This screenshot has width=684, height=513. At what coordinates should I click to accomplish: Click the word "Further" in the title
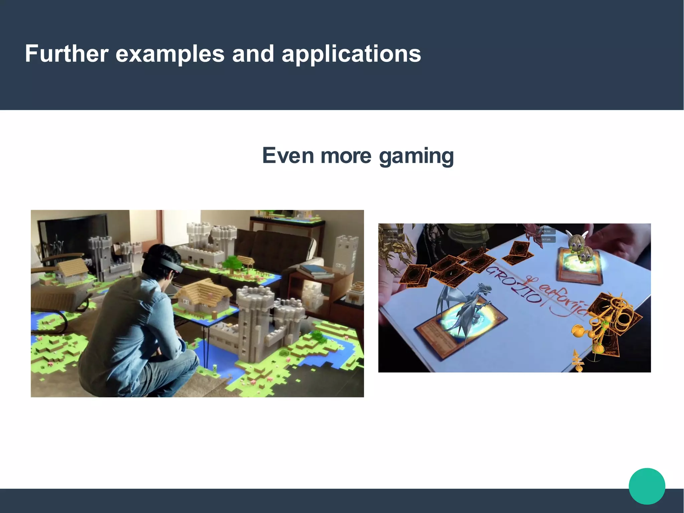coord(67,53)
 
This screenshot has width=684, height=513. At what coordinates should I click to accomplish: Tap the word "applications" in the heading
coord(351,54)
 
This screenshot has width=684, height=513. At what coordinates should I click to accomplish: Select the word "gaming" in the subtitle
coord(416,156)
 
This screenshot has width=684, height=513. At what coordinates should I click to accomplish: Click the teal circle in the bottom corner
coord(647,486)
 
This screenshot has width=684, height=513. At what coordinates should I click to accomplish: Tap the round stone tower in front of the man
coord(255,321)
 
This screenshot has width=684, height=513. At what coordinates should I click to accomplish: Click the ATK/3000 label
coord(392,231)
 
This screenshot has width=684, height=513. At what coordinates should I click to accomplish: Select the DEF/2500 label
coord(392,239)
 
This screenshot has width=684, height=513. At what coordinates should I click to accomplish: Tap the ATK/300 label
coord(546,231)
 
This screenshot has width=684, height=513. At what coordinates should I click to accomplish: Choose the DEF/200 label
coord(546,239)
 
